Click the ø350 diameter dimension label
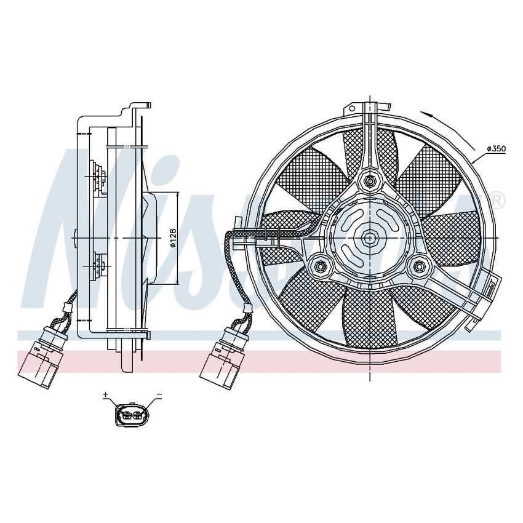pos(495,150)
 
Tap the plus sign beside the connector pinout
pos(105,394)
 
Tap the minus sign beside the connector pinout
pos(159,394)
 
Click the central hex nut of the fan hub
pos(369,237)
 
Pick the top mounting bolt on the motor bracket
pos(369,181)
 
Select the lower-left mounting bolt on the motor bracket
pos(320,266)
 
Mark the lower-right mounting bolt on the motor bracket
pos(418,266)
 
